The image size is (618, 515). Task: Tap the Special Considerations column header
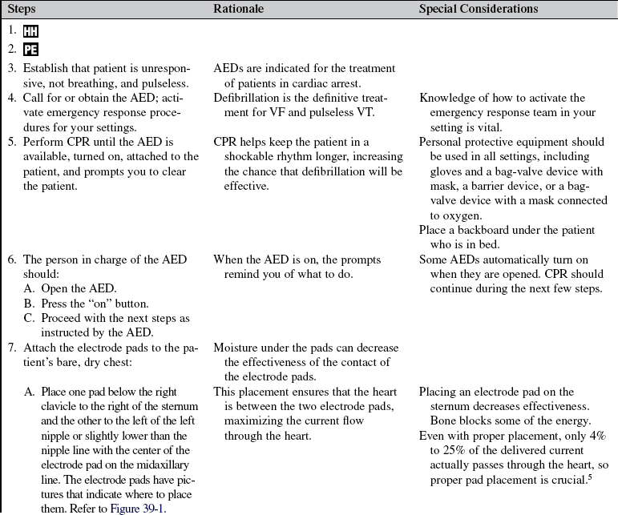pyautogui.click(x=479, y=9)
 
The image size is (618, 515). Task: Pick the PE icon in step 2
pyautogui.click(x=30, y=50)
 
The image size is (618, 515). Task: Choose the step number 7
pyautogui.click(x=12, y=348)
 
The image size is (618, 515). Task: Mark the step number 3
pyautogui.click(x=12, y=69)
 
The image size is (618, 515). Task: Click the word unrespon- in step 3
pyautogui.click(x=160, y=69)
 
